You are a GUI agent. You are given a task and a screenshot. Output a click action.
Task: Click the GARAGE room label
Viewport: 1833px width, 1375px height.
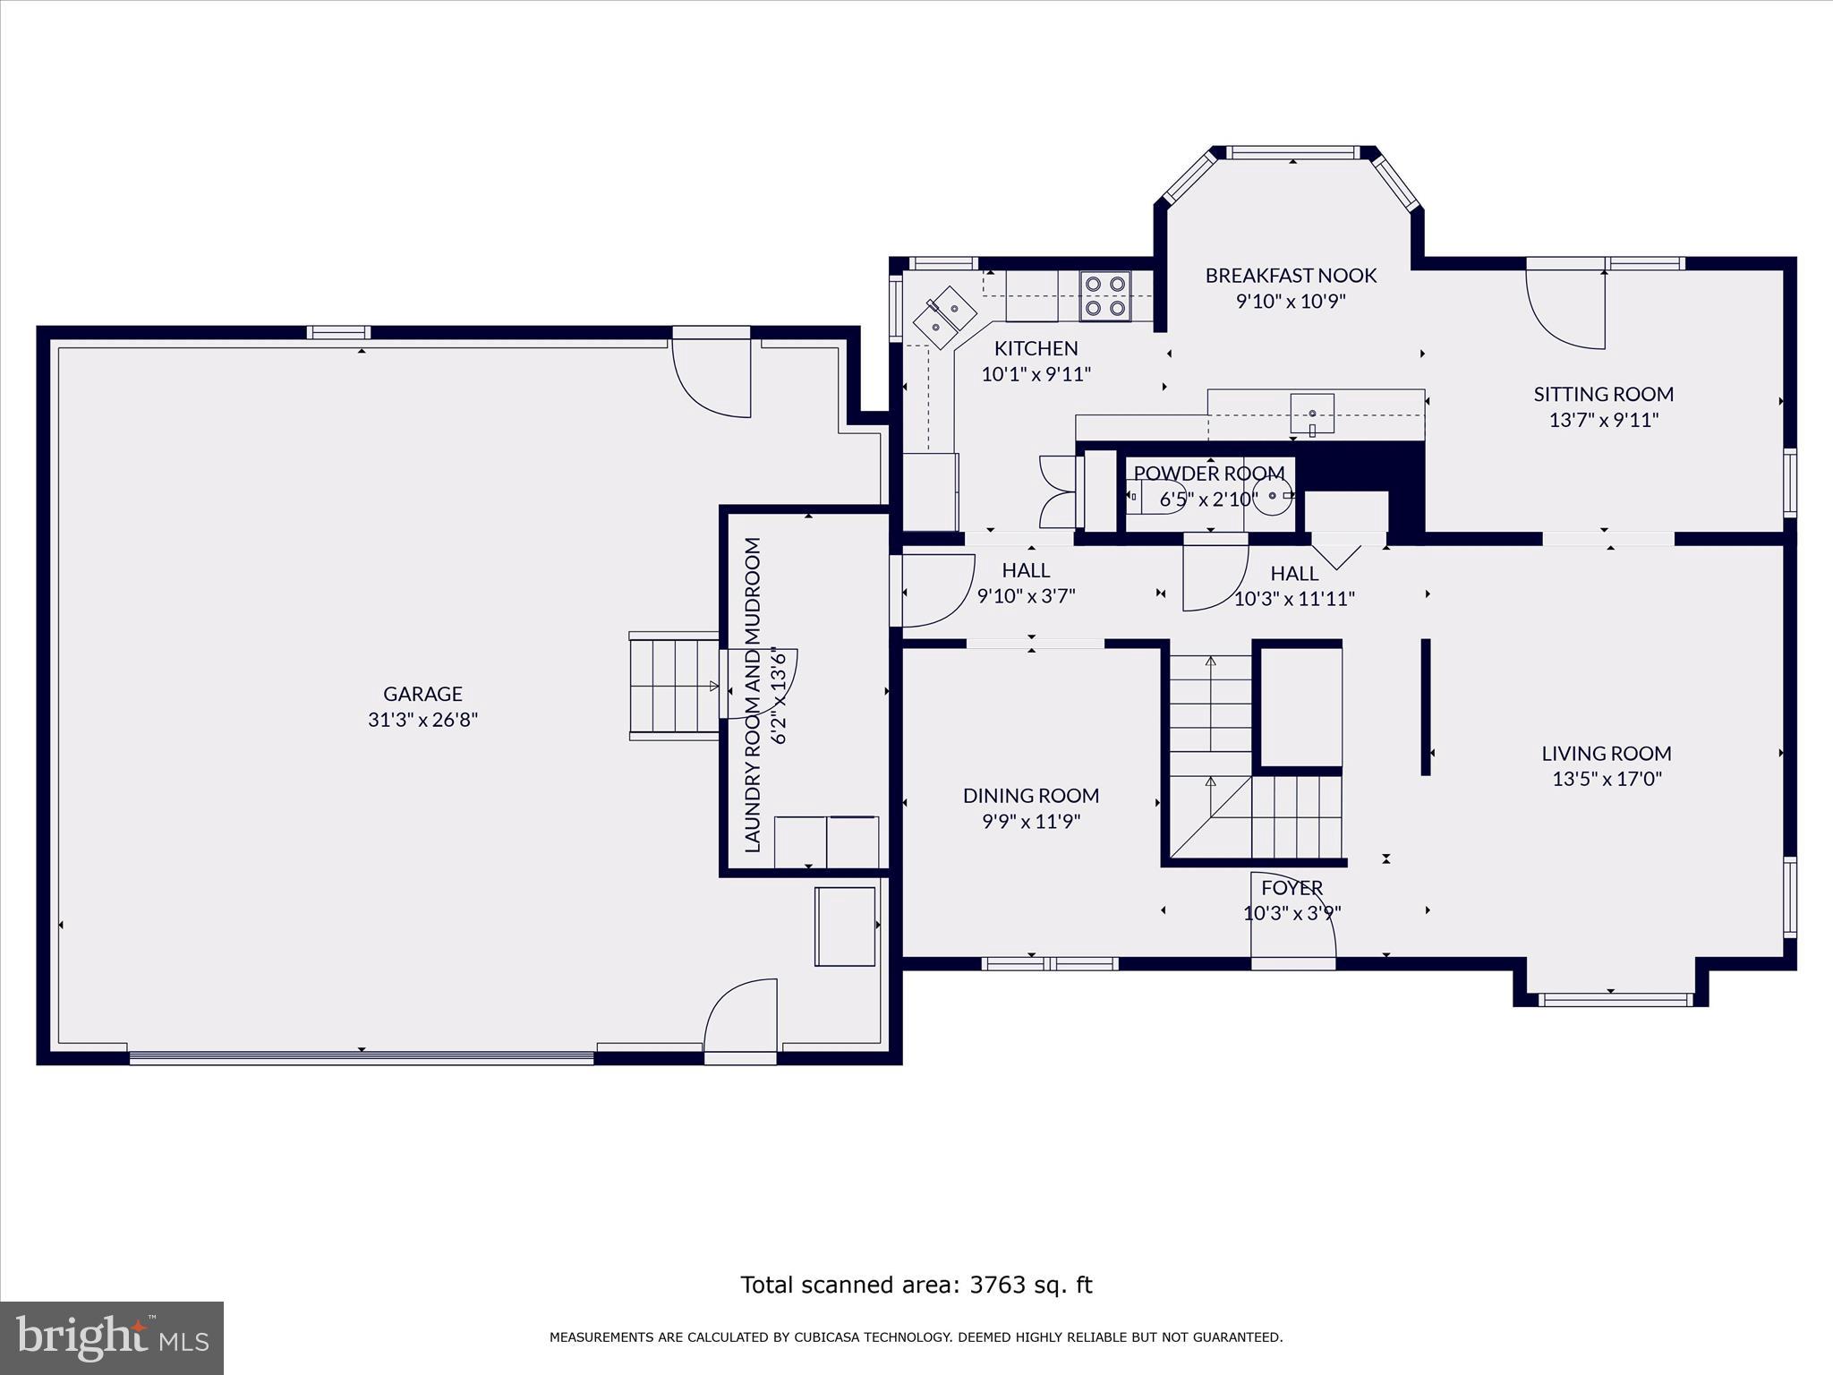tap(422, 694)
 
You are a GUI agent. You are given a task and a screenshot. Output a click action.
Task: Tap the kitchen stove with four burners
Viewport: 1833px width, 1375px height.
tap(1104, 296)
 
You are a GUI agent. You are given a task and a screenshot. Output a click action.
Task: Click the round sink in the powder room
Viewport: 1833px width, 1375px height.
tap(1272, 496)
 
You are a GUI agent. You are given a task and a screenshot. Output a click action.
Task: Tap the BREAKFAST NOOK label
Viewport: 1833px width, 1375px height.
tap(1291, 276)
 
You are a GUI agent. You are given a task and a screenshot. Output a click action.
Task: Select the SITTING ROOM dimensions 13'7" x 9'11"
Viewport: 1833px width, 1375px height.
tap(1604, 420)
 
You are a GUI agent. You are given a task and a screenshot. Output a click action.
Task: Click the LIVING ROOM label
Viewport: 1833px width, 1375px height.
tap(1607, 754)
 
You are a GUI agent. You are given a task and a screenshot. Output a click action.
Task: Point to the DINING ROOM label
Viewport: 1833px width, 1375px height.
tap(1031, 796)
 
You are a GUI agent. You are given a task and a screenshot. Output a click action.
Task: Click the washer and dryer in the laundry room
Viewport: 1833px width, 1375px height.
tap(825, 841)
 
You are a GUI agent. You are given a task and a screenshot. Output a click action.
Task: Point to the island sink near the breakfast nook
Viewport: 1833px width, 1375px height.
tap(1312, 414)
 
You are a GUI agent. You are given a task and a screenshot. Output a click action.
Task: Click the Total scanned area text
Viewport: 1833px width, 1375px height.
tap(916, 1285)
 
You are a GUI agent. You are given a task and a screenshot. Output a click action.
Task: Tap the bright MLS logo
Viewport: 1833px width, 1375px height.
tap(111, 1337)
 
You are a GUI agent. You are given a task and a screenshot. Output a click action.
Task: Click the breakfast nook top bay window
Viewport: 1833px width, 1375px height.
tap(1292, 153)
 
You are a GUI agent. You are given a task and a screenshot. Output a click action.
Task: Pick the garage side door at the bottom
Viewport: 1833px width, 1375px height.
tap(740, 1021)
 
